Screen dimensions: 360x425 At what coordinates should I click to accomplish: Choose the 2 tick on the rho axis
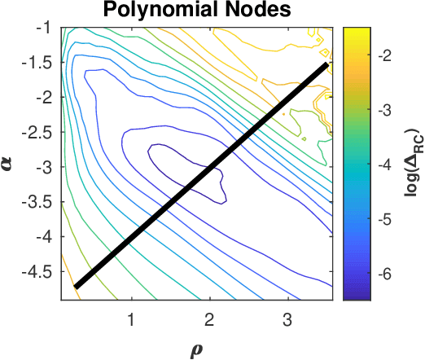tap(210, 316)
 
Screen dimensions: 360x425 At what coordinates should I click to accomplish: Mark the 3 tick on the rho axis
tap(287, 316)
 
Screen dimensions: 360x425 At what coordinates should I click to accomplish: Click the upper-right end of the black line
tap(326, 64)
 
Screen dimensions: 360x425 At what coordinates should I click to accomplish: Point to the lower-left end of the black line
tap(76, 286)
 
